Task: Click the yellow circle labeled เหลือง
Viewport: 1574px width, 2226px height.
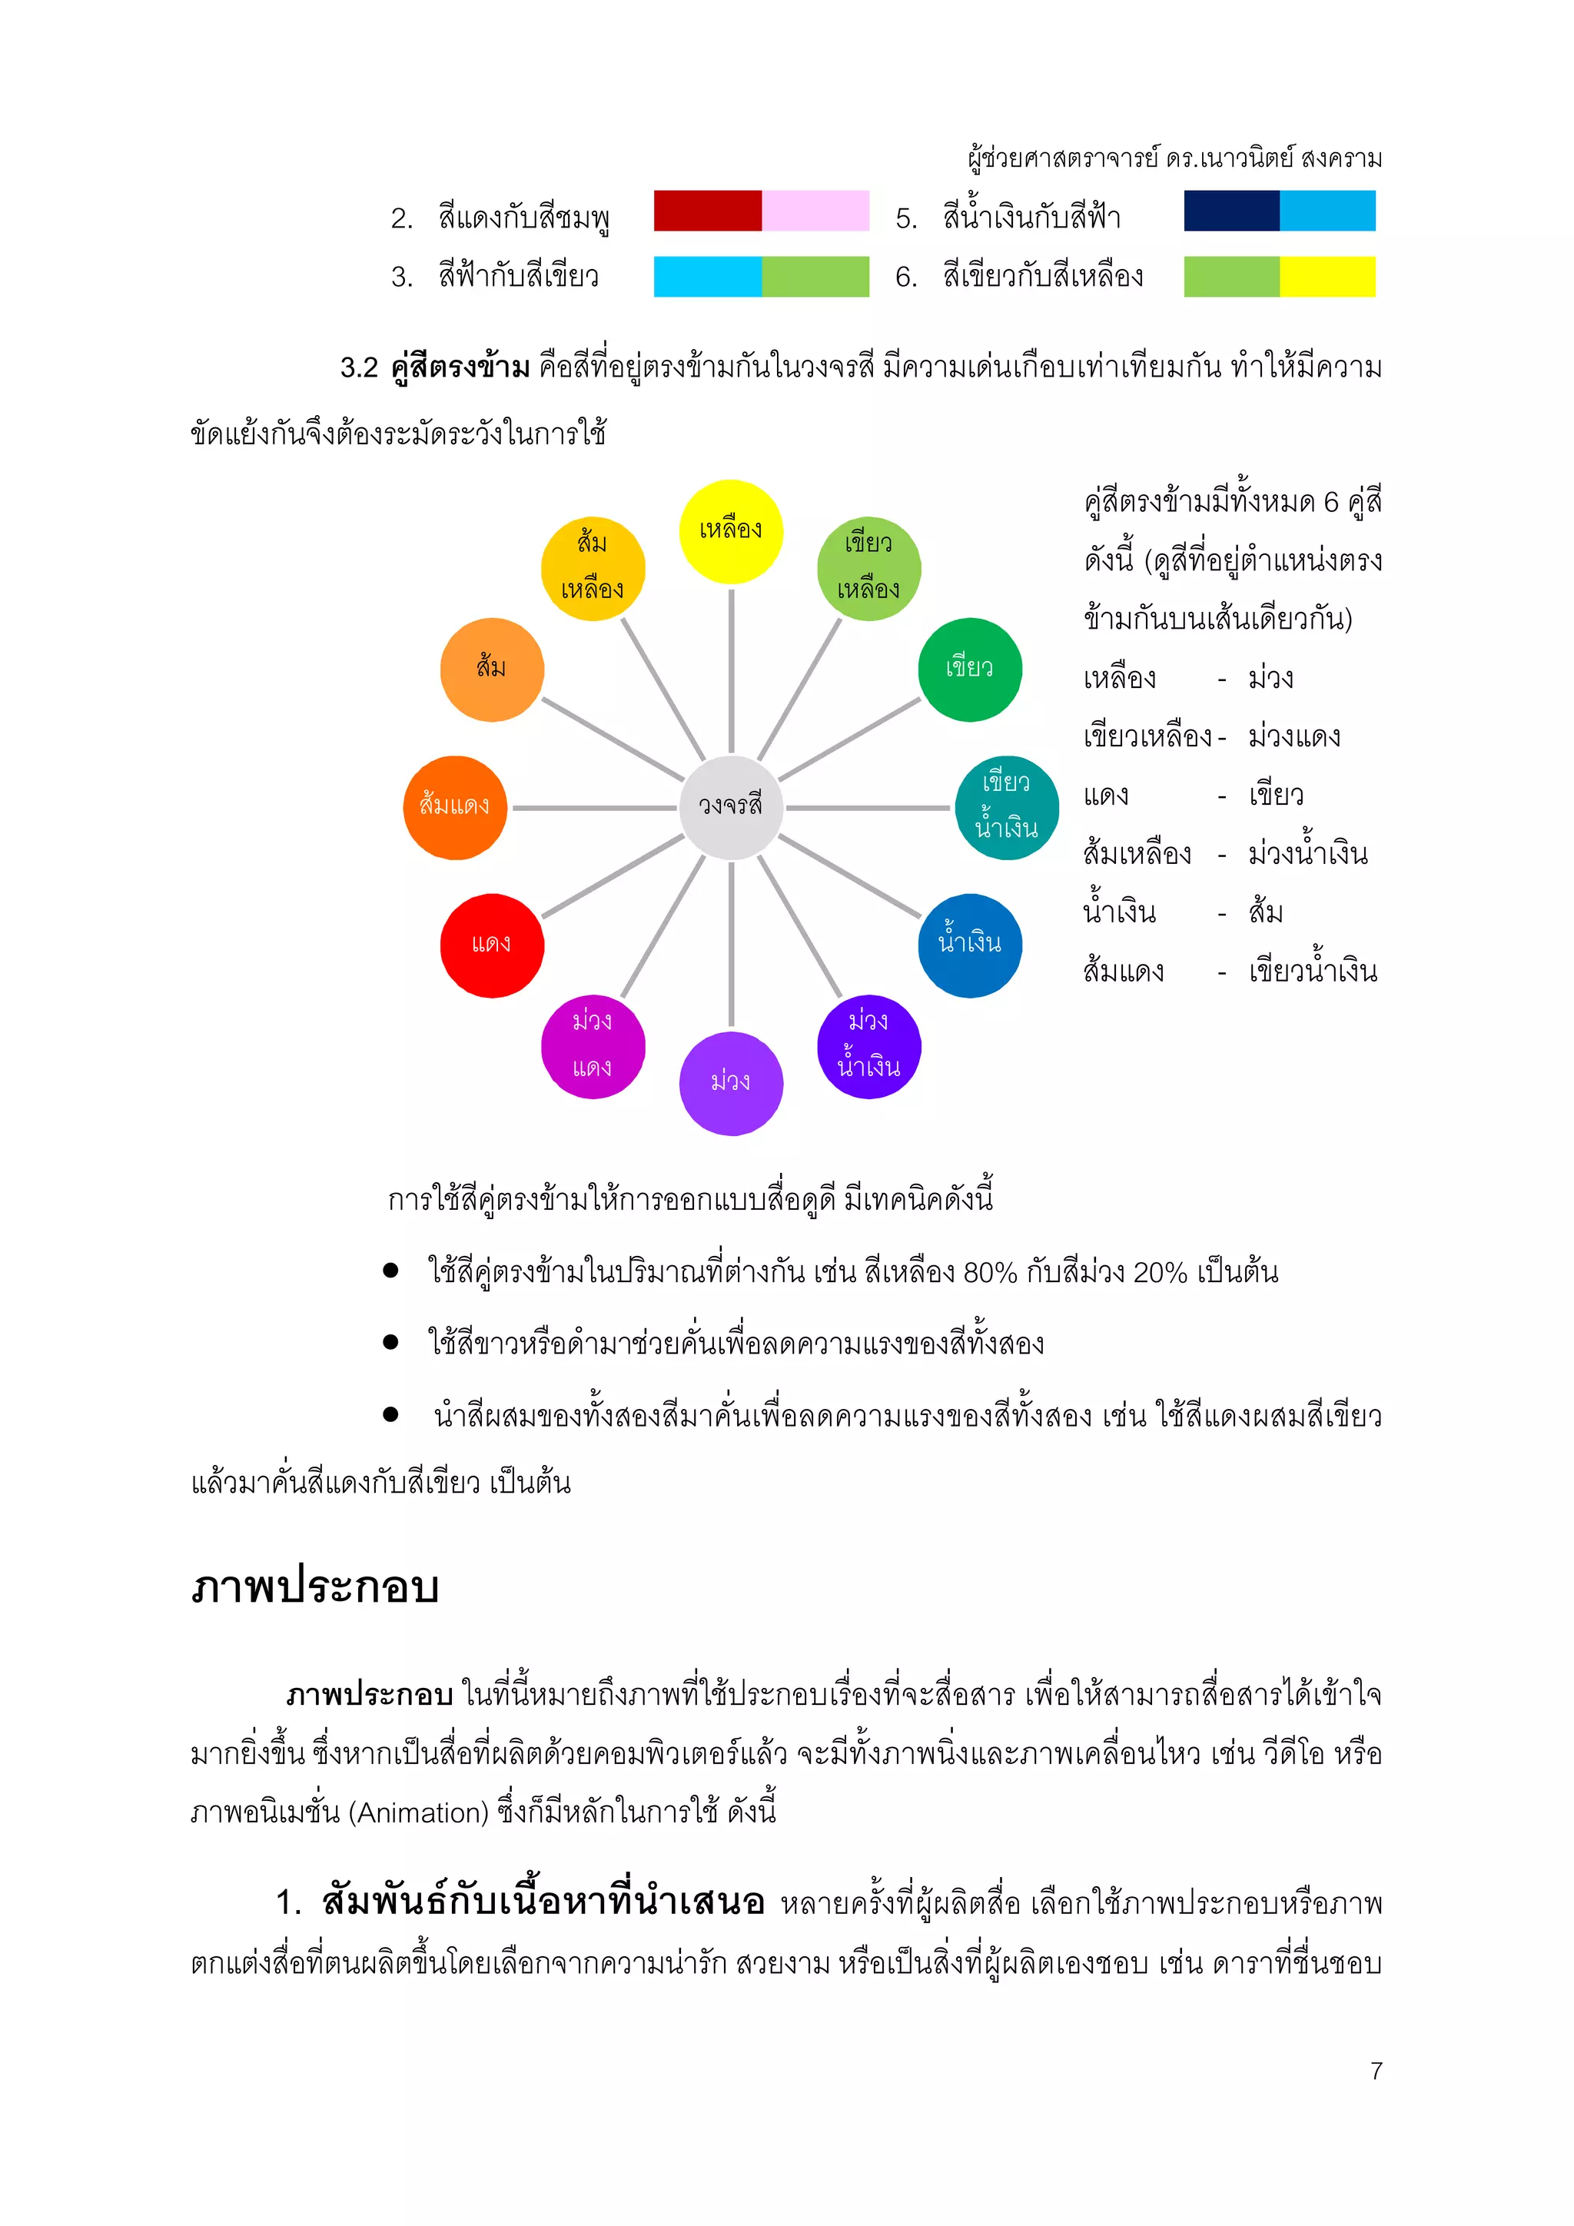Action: pyautogui.click(x=731, y=531)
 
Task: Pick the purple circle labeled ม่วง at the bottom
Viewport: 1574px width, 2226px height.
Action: pyautogui.click(x=731, y=1083)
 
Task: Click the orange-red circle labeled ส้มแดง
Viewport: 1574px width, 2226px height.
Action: pyautogui.click(x=454, y=806)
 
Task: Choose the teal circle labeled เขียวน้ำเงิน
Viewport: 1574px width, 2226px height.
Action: pyautogui.click(x=1006, y=806)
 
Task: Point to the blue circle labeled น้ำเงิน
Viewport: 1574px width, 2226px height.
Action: pyautogui.click(x=969, y=945)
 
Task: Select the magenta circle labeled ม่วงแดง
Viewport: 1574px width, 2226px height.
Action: pyautogui.click(x=593, y=1046)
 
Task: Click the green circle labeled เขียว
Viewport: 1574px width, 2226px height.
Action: pyautogui.click(x=969, y=669)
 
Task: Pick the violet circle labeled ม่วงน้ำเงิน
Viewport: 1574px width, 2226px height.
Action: pyautogui.click(x=868, y=1046)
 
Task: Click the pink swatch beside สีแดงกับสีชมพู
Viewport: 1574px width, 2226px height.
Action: pyautogui.click(x=815, y=211)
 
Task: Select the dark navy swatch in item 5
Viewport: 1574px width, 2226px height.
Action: pyautogui.click(x=1231, y=211)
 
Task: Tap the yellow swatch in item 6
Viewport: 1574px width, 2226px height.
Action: pyautogui.click(x=1327, y=276)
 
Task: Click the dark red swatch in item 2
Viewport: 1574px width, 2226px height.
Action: pyautogui.click(x=708, y=211)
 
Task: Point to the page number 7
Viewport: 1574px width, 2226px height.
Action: pyautogui.click(x=1375, y=2071)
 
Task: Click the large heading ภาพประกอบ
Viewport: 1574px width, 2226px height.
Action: pyautogui.click(x=315, y=1588)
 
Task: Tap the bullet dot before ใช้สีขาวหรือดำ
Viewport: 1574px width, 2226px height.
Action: pyautogui.click(x=390, y=1342)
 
